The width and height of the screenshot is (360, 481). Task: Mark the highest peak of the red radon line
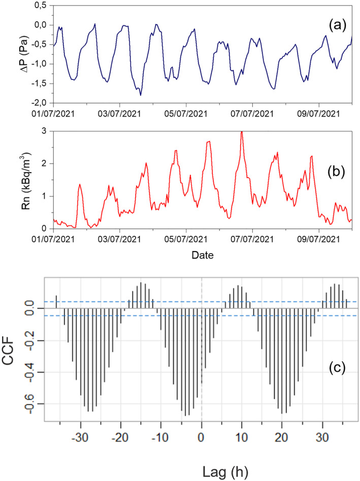pos(242,132)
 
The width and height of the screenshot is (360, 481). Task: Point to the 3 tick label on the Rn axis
pos(45,131)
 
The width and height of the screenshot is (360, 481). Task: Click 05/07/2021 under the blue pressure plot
pos(186,112)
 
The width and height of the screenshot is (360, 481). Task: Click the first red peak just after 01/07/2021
pos(80,185)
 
